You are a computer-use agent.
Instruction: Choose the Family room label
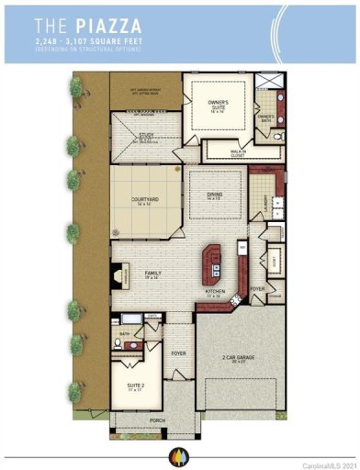point(154,274)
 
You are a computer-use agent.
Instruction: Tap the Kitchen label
point(215,293)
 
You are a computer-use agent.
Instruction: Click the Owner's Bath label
point(267,117)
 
